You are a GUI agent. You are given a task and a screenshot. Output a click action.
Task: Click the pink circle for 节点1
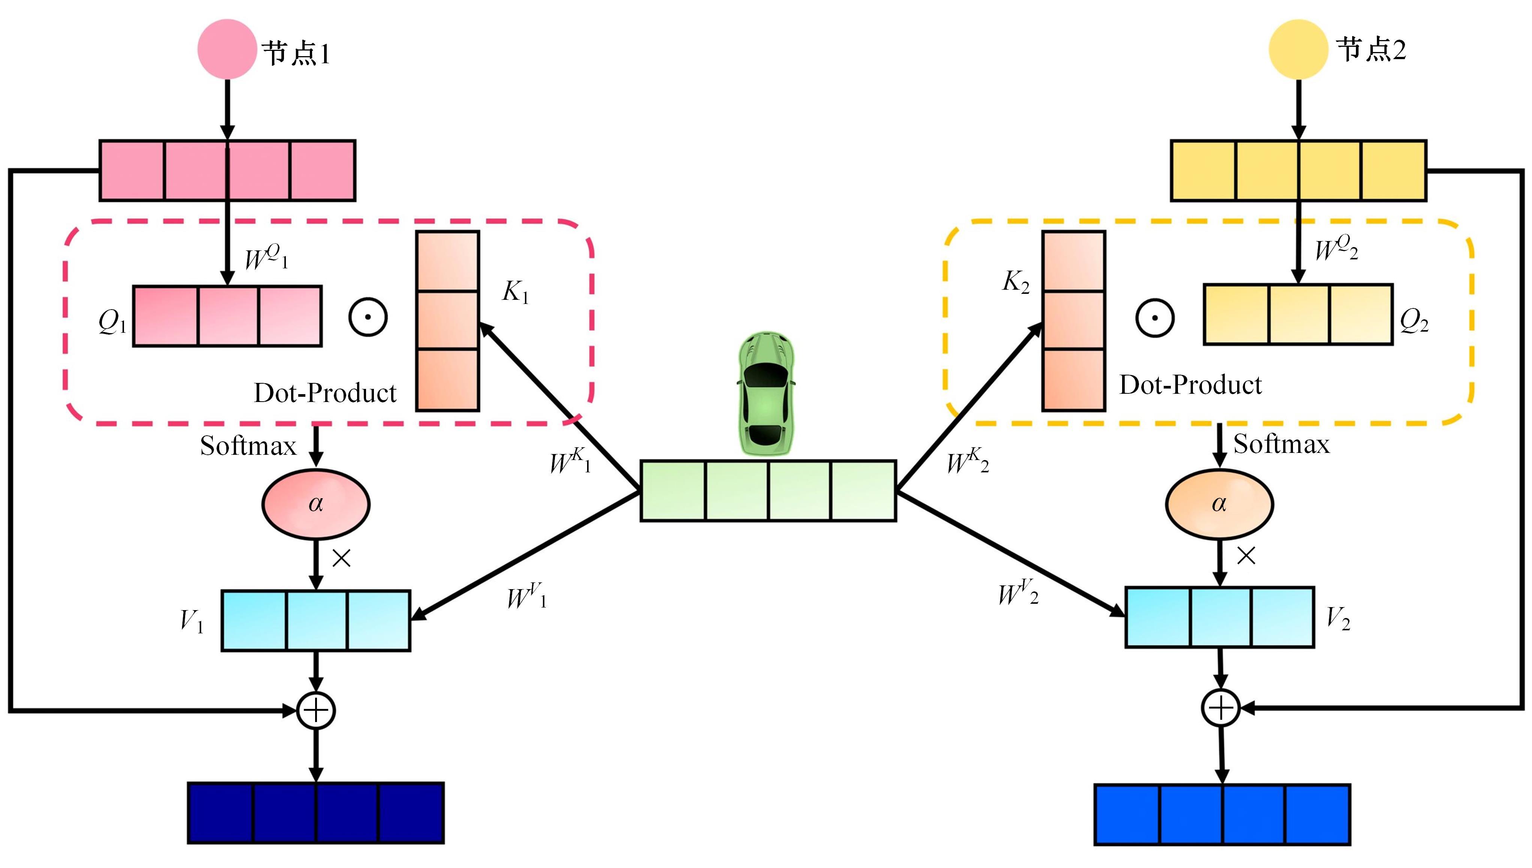[x=227, y=49]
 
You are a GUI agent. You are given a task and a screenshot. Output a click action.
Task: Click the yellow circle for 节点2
[x=1298, y=49]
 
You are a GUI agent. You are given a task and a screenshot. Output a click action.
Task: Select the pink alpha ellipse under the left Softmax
[x=315, y=504]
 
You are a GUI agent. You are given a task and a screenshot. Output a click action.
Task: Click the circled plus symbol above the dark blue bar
[x=316, y=710]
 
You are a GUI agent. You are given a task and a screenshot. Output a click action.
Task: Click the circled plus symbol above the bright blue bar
[x=1221, y=708]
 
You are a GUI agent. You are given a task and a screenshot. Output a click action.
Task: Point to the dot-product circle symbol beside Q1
[x=368, y=317]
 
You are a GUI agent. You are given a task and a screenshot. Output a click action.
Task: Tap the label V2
[x=1338, y=619]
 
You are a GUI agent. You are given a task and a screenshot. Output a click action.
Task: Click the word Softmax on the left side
[x=248, y=446]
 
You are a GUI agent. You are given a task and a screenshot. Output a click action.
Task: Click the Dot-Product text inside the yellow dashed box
[x=1190, y=385]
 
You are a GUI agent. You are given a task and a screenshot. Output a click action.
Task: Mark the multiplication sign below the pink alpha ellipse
[x=341, y=558]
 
